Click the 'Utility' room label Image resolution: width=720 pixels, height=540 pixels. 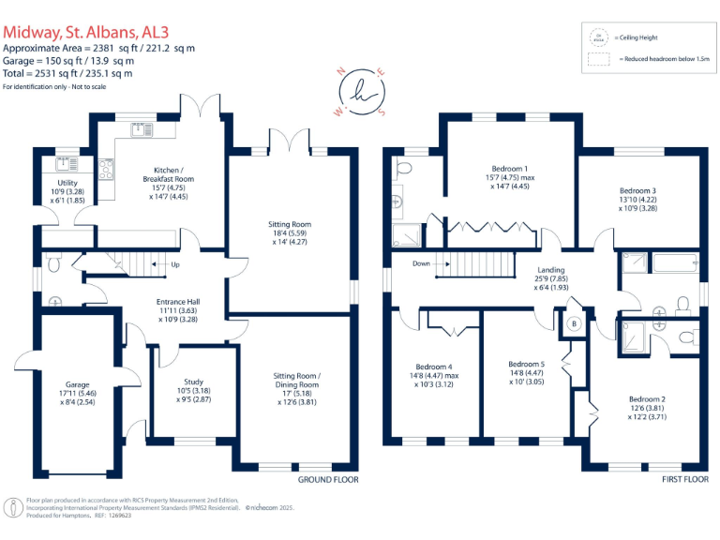coord(67,183)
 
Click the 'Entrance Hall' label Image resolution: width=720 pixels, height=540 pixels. coord(176,301)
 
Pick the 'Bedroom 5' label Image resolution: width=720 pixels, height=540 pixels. coord(526,364)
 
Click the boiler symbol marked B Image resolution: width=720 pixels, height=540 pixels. coord(575,323)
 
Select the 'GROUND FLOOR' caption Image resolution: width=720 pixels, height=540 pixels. coord(328,479)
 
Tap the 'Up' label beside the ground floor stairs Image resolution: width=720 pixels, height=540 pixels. coord(174,264)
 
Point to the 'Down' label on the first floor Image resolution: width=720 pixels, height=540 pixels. coord(421,263)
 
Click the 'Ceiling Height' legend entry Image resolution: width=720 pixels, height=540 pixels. coord(636,37)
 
